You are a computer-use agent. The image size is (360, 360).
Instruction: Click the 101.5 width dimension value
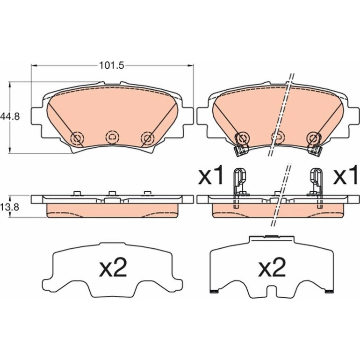pos(111,65)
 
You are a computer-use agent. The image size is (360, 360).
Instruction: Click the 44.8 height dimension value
pos(10,116)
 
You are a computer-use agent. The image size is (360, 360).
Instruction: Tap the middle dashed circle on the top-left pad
pos(112,137)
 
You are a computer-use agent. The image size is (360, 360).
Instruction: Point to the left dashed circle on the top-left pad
pos(77,138)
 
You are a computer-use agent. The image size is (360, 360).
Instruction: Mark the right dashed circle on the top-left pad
pos(147,138)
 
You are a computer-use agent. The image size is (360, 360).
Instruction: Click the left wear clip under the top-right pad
pos(241,151)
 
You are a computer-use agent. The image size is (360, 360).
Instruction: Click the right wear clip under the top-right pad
pos(315,151)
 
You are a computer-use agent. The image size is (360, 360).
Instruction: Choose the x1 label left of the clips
pos(210,175)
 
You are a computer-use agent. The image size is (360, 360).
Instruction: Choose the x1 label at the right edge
pos(346,175)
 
